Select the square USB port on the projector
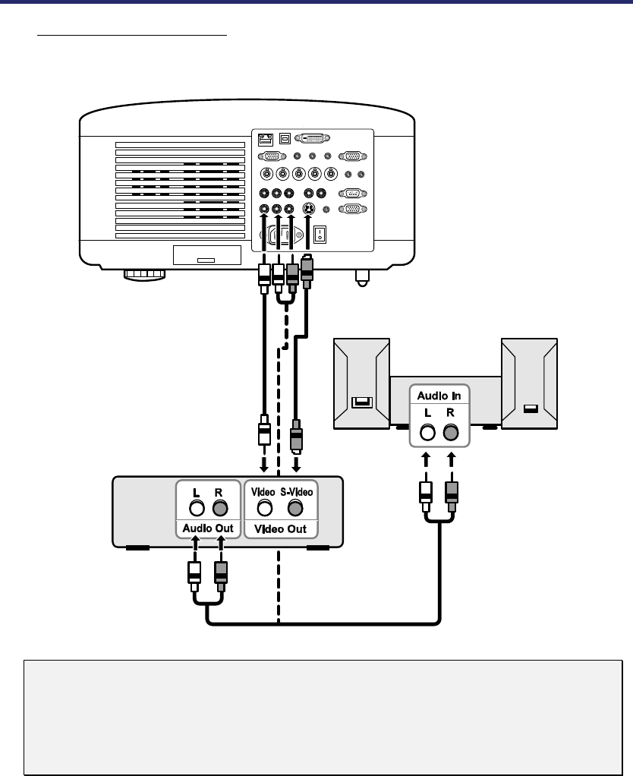point(285,139)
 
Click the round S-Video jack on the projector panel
point(310,210)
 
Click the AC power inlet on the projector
point(281,236)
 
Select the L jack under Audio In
point(428,432)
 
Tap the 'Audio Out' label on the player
point(208,528)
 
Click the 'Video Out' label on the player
point(281,528)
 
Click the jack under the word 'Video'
point(265,508)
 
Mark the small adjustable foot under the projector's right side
point(361,277)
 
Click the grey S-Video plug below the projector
point(307,273)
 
